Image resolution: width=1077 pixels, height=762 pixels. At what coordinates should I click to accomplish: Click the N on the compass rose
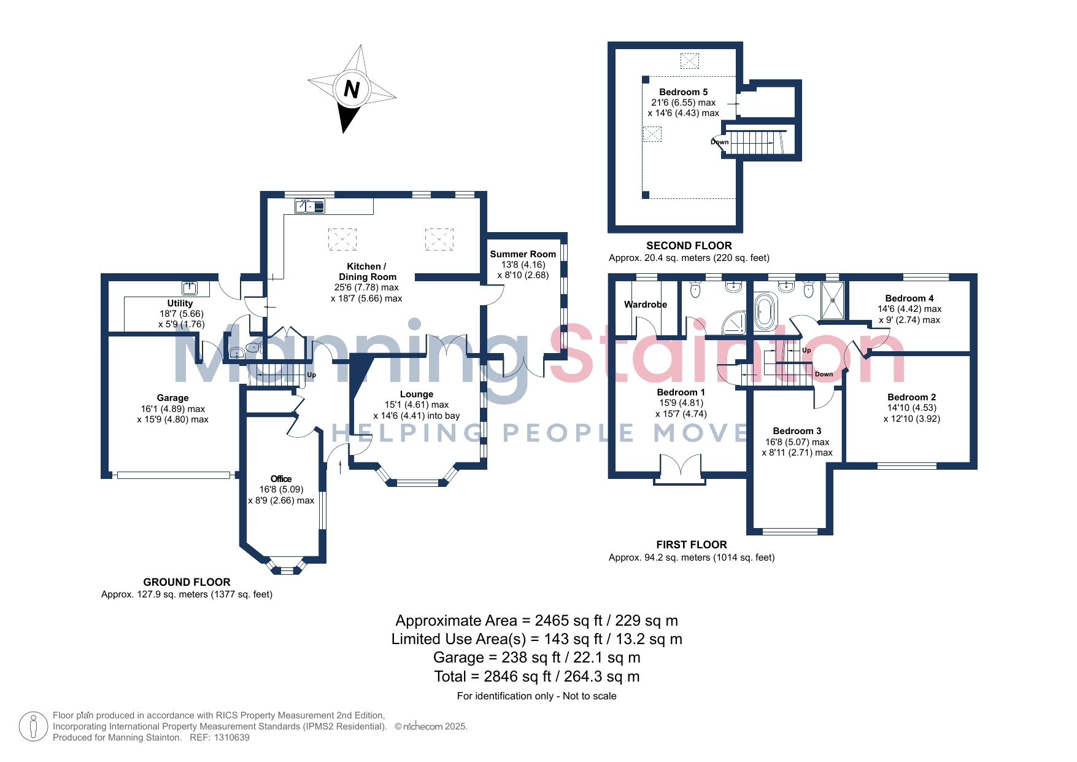[x=352, y=90]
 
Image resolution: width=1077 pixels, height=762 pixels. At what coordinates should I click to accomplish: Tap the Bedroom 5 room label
[x=684, y=92]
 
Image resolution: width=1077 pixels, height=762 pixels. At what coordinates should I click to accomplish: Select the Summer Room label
[x=523, y=254]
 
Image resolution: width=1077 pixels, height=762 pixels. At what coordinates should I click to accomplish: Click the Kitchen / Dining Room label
[x=368, y=271]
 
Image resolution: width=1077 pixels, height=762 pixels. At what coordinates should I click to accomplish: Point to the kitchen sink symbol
[x=310, y=206]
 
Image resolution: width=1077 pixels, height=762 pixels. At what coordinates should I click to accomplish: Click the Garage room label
[x=172, y=398]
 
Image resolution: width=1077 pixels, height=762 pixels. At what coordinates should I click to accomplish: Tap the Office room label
[x=281, y=479]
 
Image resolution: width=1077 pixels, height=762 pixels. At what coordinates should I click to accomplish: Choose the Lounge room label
[x=417, y=394]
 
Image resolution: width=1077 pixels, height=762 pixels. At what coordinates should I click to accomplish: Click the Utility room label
[x=180, y=303]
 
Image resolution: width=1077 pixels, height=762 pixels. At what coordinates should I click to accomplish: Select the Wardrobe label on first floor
[x=646, y=305]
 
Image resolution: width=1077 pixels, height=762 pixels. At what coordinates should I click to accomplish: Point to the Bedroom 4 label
[x=909, y=298]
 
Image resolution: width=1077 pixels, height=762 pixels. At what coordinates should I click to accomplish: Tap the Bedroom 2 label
[x=912, y=397]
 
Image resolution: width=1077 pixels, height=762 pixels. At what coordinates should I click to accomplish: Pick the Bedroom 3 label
[x=797, y=431]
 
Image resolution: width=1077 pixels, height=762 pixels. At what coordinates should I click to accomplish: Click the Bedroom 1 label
[x=681, y=392]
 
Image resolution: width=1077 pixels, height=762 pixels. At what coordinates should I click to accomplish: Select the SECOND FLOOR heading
[x=689, y=246]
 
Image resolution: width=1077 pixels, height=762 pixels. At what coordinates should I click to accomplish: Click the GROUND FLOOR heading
[x=187, y=582]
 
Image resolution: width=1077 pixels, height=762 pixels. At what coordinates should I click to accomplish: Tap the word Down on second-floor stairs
[x=720, y=142]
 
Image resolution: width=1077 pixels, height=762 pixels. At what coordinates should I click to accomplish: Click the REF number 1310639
[x=232, y=737]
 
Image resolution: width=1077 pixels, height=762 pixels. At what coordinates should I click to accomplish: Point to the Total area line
[x=537, y=677]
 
